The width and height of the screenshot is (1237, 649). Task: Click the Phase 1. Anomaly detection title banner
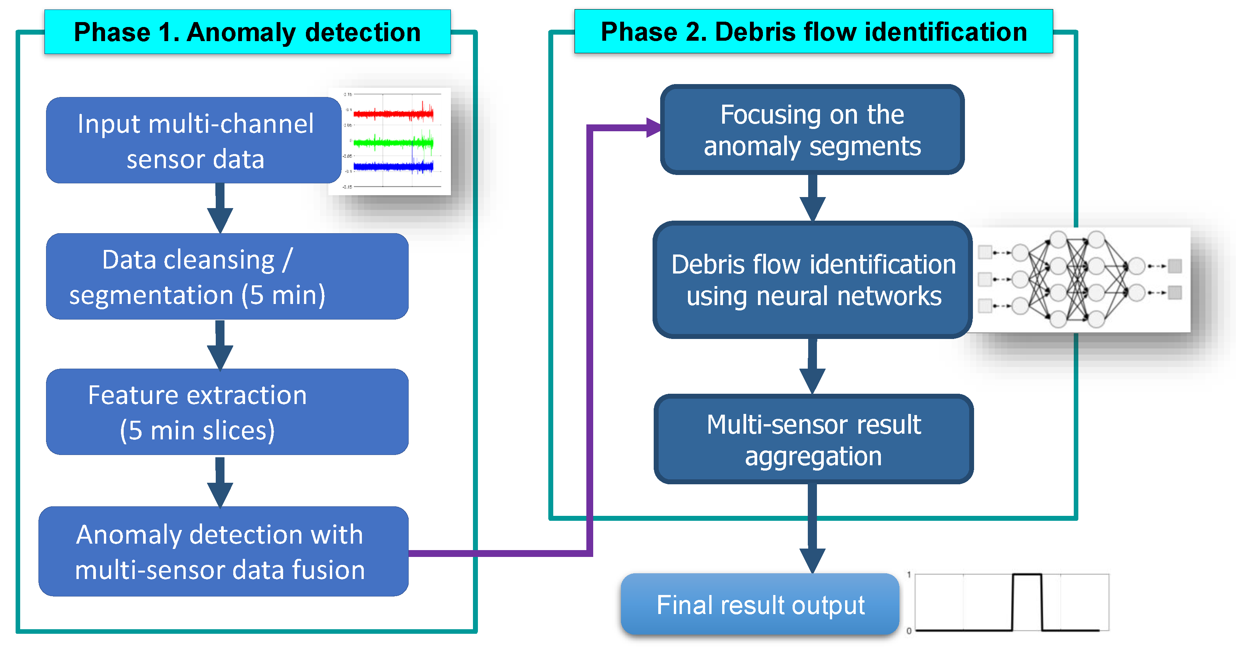tap(247, 32)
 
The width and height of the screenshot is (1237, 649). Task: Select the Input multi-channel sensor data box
tap(194, 141)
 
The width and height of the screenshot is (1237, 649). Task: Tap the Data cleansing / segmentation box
tap(227, 277)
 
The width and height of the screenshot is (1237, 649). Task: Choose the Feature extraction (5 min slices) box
tap(227, 412)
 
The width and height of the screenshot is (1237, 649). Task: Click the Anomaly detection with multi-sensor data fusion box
tap(224, 552)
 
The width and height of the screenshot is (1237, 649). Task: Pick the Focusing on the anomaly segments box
tap(812, 130)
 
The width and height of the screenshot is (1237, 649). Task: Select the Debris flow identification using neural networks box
tap(812, 280)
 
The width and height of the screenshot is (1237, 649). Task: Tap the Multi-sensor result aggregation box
tap(814, 439)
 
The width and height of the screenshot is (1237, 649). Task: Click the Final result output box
tap(760, 604)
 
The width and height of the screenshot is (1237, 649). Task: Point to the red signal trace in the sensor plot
tap(393, 114)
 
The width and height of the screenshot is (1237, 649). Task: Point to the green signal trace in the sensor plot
tap(393, 143)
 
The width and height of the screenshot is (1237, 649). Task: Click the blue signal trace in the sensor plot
tap(393, 167)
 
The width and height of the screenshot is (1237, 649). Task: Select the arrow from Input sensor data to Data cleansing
tap(220, 209)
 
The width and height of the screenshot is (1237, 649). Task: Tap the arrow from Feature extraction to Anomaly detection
tap(220, 483)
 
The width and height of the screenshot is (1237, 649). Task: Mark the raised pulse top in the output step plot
tap(1027, 574)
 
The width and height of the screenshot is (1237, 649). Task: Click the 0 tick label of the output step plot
tap(909, 631)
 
